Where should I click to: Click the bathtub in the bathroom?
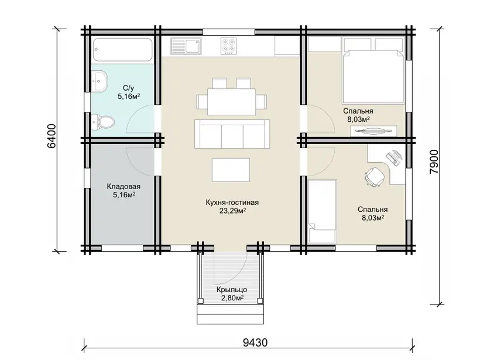click(x=122, y=50)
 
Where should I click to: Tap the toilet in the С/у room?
click(x=103, y=122)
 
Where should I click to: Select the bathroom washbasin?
click(x=99, y=81)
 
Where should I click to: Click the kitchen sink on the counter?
click(x=186, y=46)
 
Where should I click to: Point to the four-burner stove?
click(x=229, y=46)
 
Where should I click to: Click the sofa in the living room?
click(x=232, y=134)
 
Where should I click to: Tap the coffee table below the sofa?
click(x=231, y=170)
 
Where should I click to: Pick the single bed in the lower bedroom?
click(x=323, y=211)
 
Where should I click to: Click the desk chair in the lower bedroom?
click(x=375, y=176)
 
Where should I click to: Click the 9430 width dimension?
click(x=255, y=342)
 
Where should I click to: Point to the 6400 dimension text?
click(x=52, y=136)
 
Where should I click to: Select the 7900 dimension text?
click(x=434, y=162)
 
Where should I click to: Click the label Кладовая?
click(x=124, y=186)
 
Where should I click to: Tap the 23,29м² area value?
click(x=232, y=211)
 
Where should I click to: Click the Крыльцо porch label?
click(x=232, y=290)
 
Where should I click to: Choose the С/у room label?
click(x=129, y=88)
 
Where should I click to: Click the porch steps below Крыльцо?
click(x=230, y=314)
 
